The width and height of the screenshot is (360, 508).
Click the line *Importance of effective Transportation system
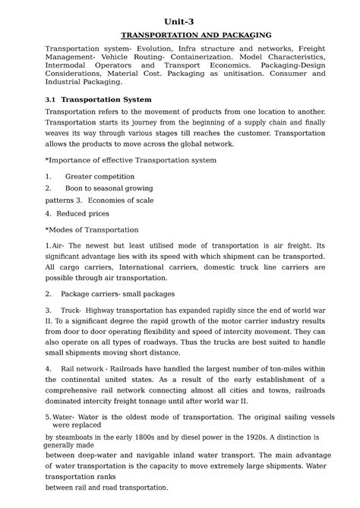131,161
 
